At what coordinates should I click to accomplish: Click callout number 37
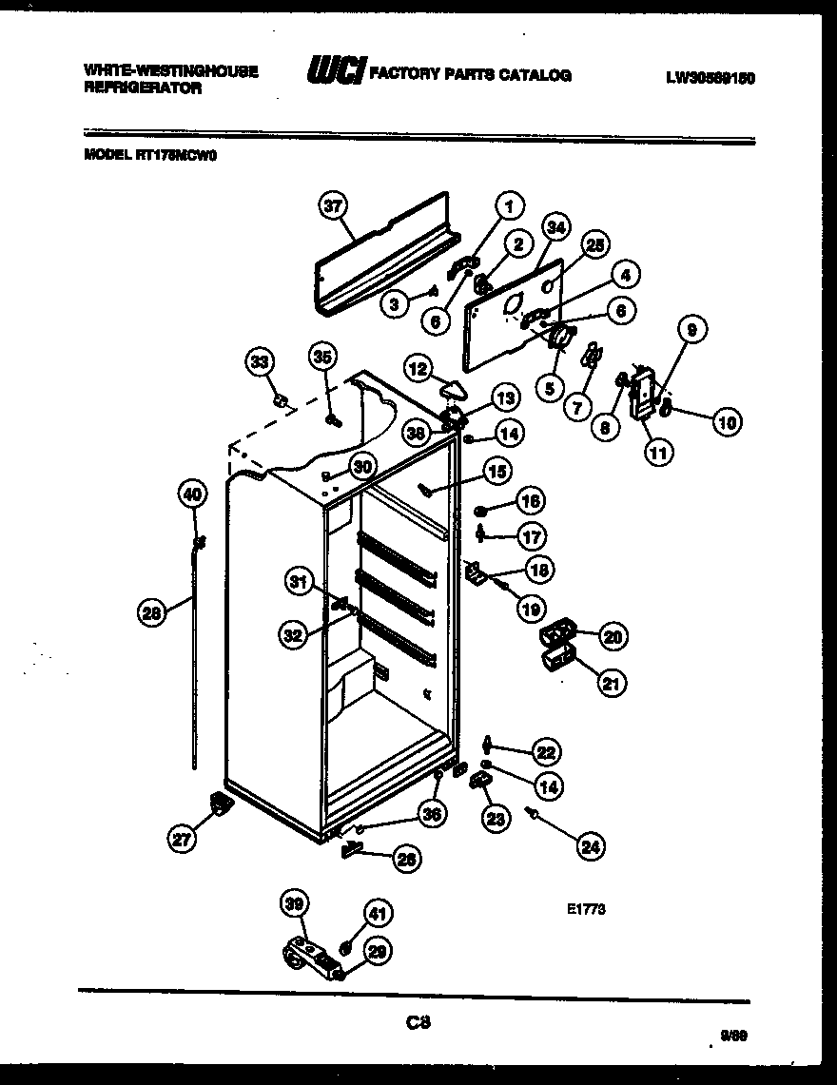click(332, 206)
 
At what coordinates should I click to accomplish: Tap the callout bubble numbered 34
click(555, 228)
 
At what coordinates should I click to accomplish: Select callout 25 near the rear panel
click(595, 246)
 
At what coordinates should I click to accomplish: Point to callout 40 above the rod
click(192, 494)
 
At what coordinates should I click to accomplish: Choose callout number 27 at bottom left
click(181, 838)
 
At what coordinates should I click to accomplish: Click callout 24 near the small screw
click(592, 846)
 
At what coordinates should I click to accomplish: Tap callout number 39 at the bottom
click(295, 904)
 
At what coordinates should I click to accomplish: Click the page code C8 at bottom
click(418, 1023)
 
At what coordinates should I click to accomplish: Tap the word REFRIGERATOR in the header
click(143, 87)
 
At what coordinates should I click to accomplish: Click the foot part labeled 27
click(221, 804)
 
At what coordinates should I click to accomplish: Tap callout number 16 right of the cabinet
click(530, 502)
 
